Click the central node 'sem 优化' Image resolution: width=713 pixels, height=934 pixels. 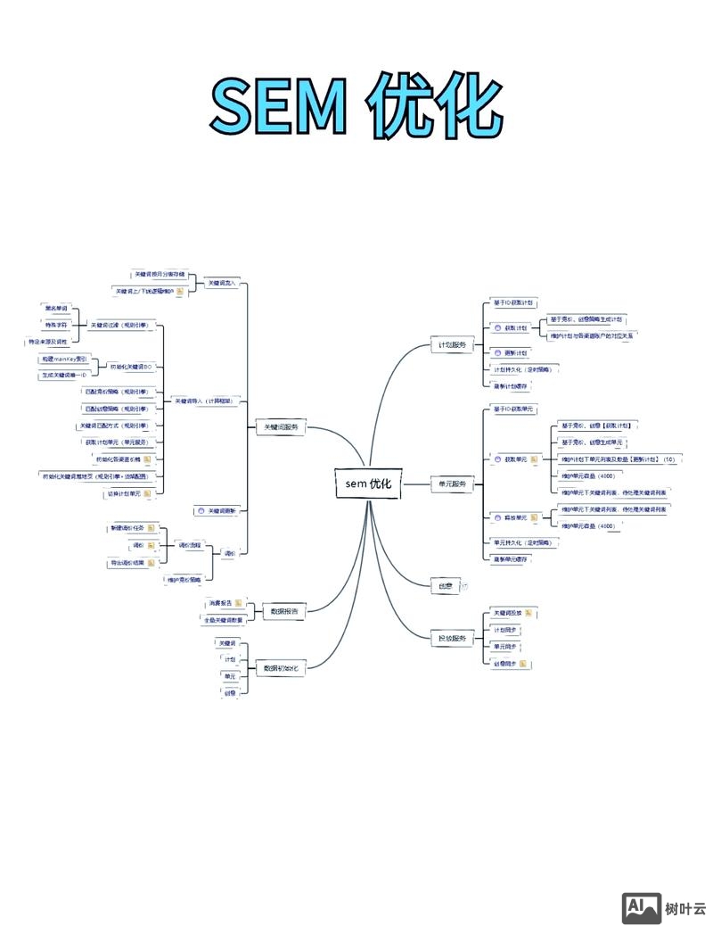click(x=369, y=484)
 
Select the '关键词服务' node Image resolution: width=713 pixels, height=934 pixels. click(x=280, y=427)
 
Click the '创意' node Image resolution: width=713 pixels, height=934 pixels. click(x=445, y=586)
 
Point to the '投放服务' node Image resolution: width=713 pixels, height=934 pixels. click(x=452, y=637)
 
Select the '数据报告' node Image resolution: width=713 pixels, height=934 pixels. click(x=284, y=611)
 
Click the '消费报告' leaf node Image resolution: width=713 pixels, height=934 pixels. click(x=219, y=603)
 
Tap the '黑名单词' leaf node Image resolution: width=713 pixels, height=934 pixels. click(x=56, y=309)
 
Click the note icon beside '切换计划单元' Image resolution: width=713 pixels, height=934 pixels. click(x=148, y=492)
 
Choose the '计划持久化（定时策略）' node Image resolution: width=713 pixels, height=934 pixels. click(x=522, y=368)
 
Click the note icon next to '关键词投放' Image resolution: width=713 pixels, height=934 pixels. click(x=529, y=613)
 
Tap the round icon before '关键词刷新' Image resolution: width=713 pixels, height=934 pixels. click(x=201, y=510)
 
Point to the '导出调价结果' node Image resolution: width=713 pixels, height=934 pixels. click(x=127, y=563)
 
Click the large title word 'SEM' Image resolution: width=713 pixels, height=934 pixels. click(x=277, y=106)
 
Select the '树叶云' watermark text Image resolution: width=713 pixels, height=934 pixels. click(x=685, y=909)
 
